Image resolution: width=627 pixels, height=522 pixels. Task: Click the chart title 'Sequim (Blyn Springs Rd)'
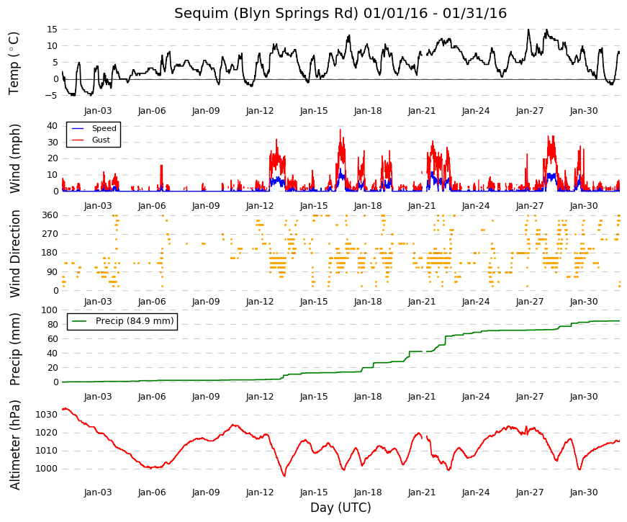pos(266,13)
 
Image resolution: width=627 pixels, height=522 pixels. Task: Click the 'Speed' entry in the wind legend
pos(104,128)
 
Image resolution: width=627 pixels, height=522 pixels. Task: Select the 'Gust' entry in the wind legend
pos(101,140)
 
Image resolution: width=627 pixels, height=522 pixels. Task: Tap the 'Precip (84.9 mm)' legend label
pos(135,321)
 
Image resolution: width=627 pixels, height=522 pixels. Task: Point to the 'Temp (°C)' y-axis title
pos(14,63)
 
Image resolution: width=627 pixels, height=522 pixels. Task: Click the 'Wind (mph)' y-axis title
pos(14,159)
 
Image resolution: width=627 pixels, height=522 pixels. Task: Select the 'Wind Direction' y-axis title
pos(15,254)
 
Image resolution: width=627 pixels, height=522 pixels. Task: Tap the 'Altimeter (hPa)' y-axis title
pos(15,445)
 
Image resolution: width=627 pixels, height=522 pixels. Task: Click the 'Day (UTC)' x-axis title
pos(340,508)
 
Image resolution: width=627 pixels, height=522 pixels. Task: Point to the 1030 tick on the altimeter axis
pos(46,415)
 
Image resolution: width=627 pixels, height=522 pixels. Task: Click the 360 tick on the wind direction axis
pos(50,215)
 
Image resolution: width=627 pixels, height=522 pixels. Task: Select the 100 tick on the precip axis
pos(50,310)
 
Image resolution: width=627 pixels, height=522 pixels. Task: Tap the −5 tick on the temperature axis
pos(51,96)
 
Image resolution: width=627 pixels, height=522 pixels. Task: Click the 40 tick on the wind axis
pos(53,125)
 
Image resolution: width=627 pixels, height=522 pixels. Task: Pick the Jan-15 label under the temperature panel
pos(314,111)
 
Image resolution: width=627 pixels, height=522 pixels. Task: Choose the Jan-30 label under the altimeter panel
pos(584,492)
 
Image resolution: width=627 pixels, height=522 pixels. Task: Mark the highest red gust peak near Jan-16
pos(340,130)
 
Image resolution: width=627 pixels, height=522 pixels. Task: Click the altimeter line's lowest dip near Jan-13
pos(284,476)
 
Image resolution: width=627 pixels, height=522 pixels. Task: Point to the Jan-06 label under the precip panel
pos(152,397)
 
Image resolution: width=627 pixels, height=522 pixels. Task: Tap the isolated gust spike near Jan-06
pos(161,166)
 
